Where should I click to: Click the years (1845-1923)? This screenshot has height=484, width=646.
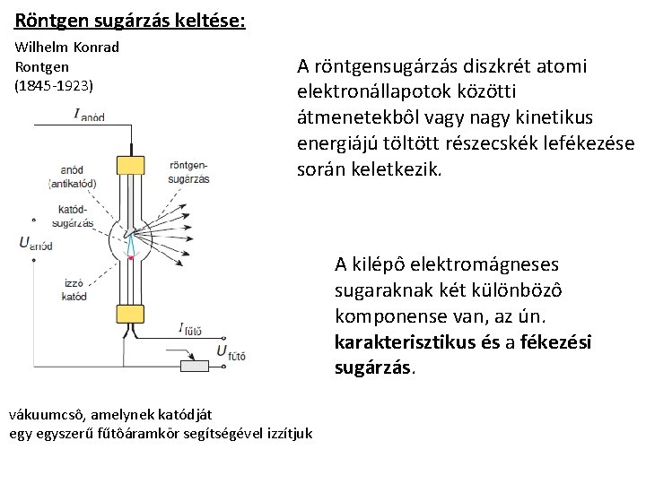pyautogui.click(x=53, y=86)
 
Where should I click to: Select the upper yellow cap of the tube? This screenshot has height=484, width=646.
pyautogui.click(x=131, y=164)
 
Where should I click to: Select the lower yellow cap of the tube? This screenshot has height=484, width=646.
pyautogui.click(x=131, y=313)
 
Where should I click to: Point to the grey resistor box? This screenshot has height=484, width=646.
pyautogui.click(x=197, y=366)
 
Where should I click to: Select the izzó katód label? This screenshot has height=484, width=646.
pyautogui.click(x=74, y=289)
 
